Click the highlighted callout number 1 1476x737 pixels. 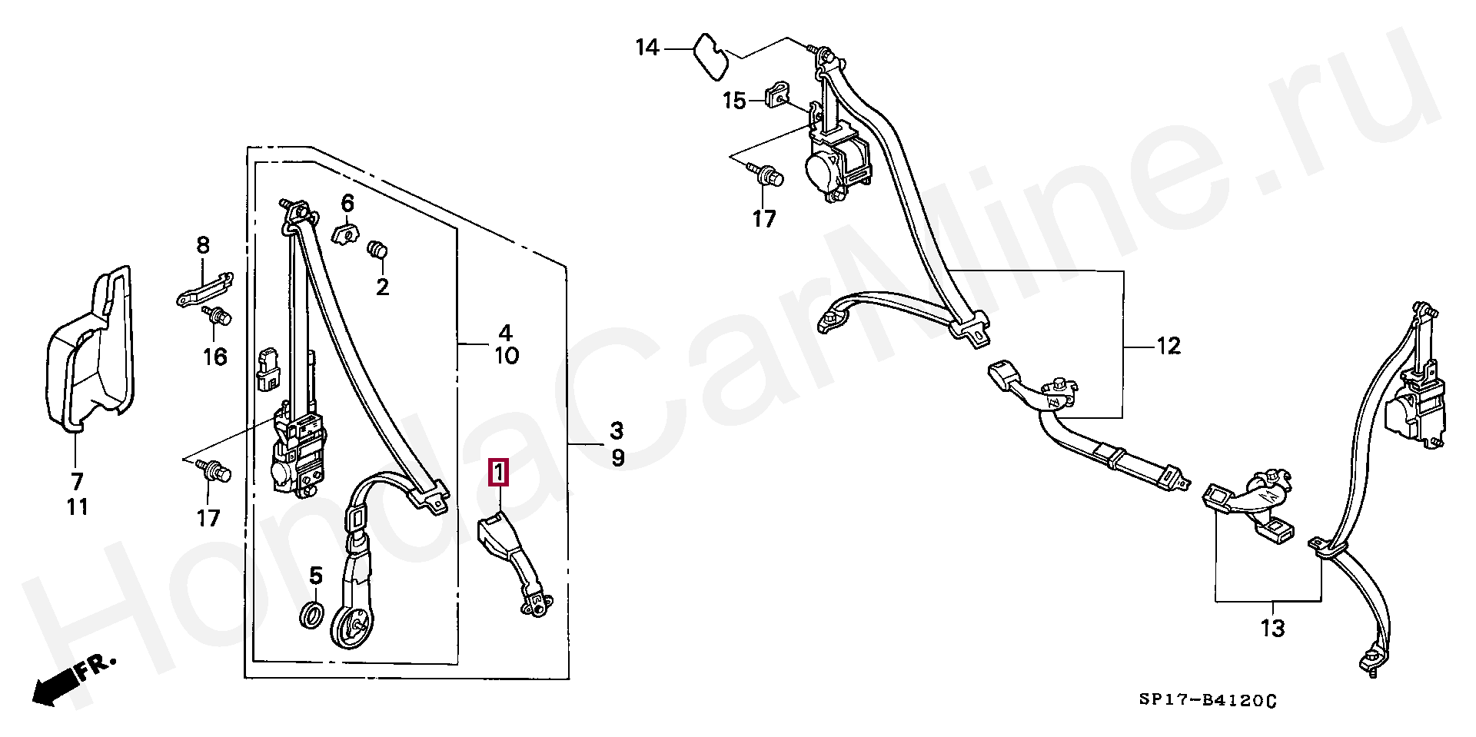coord(499,472)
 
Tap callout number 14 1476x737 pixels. coord(647,48)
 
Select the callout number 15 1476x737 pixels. coord(734,101)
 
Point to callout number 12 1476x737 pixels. coord(1168,347)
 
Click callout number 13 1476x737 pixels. coord(1273,629)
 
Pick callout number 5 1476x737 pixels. coord(316,575)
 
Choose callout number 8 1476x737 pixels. coord(203,246)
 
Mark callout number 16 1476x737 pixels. coord(215,357)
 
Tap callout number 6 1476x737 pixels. coord(347,204)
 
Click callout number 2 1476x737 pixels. coord(382,287)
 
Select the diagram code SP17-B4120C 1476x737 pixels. coord(1208,700)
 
